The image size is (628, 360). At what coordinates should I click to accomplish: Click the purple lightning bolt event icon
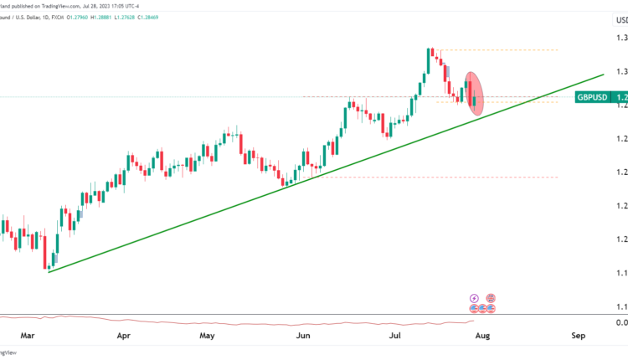pos(475,298)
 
